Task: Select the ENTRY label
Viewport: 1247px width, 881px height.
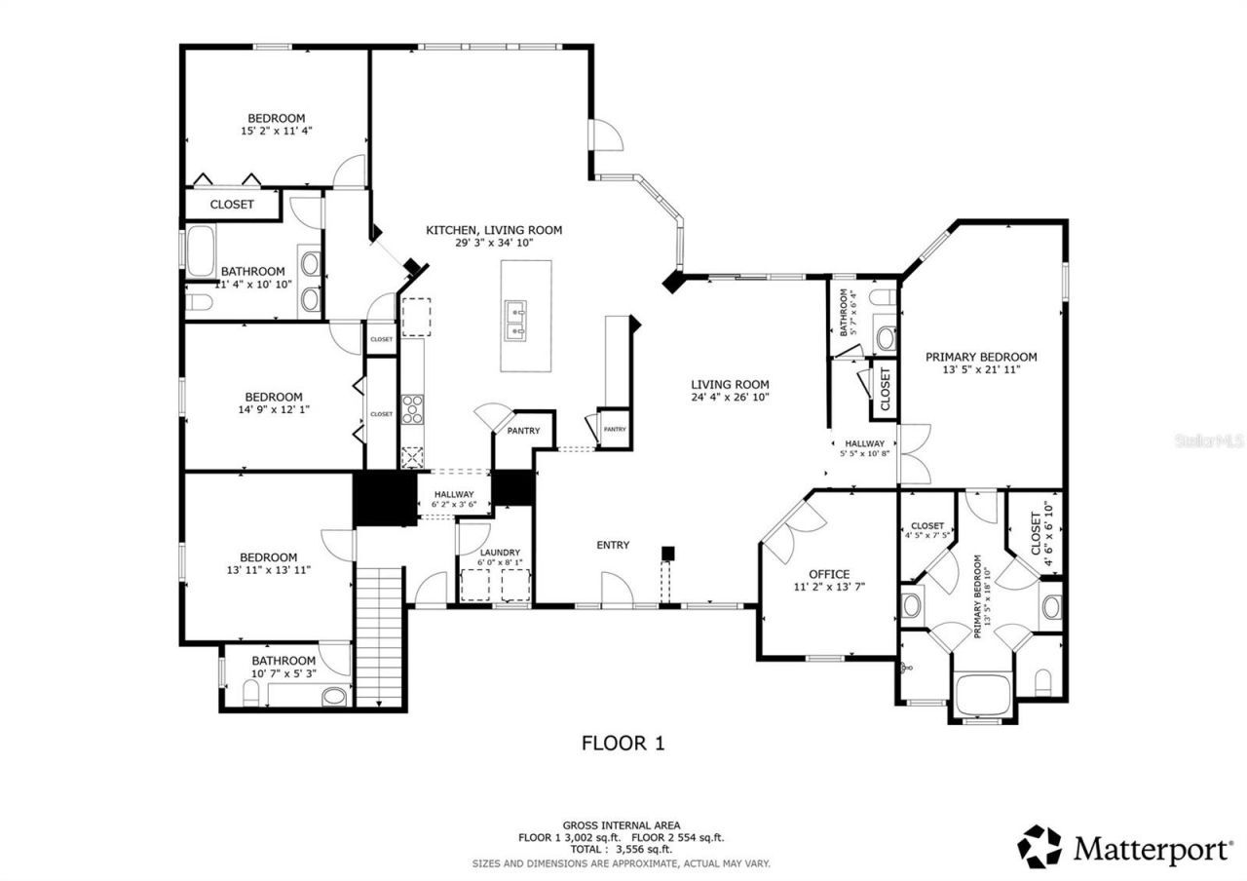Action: point(613,545)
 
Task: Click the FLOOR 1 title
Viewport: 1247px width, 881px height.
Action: point(623,744)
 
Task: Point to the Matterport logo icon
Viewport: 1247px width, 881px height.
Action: point(1040,846)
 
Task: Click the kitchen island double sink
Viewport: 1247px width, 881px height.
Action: point(516,321)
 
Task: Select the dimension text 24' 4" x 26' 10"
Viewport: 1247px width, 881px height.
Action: point(730,397)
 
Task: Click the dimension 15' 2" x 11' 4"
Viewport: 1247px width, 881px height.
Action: point(276,130)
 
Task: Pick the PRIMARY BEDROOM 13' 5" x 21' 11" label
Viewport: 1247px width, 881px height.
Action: point(980,363)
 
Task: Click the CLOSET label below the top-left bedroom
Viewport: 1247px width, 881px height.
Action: point(232,205)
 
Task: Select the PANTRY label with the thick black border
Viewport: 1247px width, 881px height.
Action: point(523,431)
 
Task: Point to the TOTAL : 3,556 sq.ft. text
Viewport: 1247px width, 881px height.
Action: point(623,850)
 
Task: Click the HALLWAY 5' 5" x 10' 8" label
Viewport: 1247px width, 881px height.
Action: point(864,448)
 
